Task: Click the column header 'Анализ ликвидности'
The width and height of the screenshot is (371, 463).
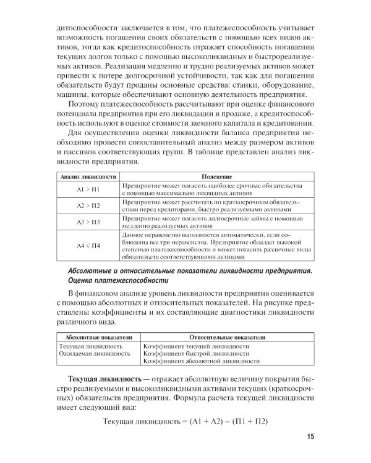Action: point(88,177)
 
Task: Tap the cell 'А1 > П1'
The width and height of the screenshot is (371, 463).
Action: point(88,189)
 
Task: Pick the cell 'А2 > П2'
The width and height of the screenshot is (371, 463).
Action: point(88,205)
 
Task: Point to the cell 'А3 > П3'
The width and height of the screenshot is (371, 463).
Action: point(88,222)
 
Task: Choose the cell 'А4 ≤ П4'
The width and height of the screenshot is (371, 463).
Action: point(88,246)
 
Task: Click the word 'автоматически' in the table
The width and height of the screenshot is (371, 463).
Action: point(241,236)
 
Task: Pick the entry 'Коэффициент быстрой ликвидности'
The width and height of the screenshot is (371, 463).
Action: point(195,354)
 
